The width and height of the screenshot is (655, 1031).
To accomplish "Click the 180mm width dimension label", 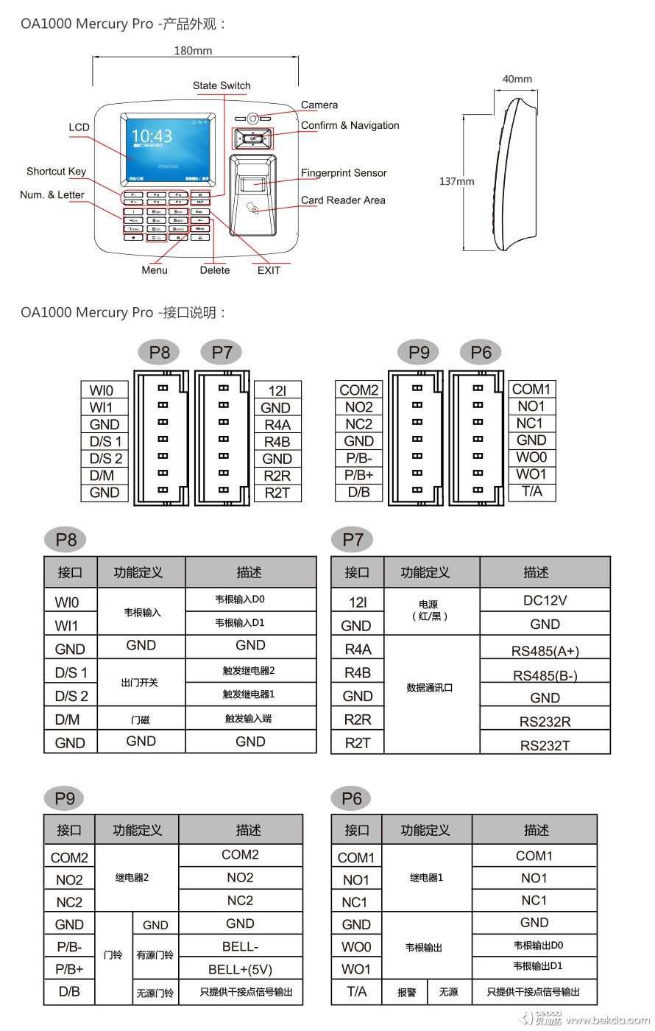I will pos(193,51).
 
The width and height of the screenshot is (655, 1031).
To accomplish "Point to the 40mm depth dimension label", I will pos(517,79).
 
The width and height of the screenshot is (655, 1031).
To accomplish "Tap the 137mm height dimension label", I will pos(456,181).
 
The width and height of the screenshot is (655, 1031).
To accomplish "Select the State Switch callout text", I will pos(222,85).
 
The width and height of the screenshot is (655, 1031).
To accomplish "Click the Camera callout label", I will pos(319,105).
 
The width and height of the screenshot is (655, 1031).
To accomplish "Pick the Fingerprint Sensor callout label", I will pos(344,173).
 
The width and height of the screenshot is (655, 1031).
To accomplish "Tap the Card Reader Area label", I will pos(343,200).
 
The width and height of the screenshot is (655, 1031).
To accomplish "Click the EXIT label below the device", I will pos(269,270).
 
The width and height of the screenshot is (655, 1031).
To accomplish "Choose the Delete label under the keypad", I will pos(215,270).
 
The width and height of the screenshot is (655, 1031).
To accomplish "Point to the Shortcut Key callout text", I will pos(56,172).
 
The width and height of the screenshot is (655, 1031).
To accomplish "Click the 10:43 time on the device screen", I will pos(152,136).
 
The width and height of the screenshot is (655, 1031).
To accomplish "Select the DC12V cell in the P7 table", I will pos(545,600).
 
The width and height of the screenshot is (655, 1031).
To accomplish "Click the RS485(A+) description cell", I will pos(545,651).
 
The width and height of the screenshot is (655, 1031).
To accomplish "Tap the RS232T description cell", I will pos(545,745).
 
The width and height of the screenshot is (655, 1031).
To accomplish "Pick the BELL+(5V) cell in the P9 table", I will pos(240,968).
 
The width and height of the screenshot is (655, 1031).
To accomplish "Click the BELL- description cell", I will pos(240,946).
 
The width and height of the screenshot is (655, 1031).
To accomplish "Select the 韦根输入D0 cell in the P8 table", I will pos(249,599).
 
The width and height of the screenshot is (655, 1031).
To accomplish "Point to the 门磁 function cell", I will pos(140,719).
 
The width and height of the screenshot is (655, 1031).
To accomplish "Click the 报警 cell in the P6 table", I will pos(406,992).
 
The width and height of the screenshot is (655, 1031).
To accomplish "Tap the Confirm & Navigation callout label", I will pos(350,125).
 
